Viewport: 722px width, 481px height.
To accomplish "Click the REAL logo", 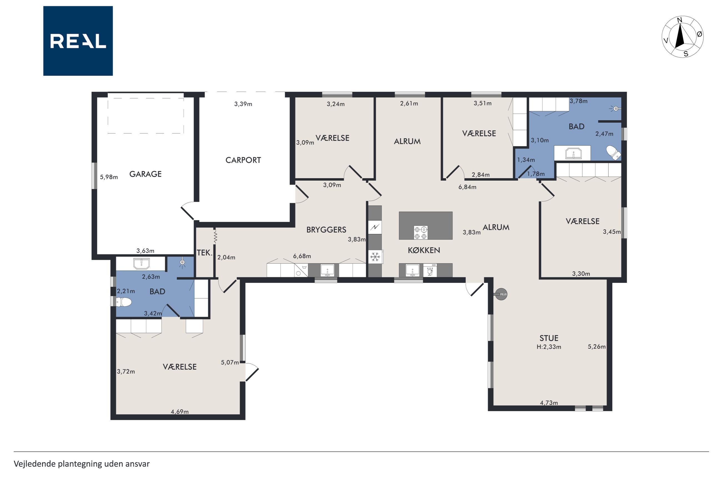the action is point(78,41).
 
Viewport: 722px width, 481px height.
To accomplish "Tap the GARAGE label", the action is point(146,174).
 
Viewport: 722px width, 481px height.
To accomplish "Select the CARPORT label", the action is point(243,160).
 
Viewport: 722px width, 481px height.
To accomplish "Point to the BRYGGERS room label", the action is point(326,230).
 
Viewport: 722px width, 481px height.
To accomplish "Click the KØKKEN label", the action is point(424,250).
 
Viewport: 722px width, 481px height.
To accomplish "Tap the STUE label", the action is point(549,338).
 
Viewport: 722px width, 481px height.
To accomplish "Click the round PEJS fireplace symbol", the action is point(501,294).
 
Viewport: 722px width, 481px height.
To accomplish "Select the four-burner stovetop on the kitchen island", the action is point(420,233).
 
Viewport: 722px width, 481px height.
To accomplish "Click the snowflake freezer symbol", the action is point(375,257).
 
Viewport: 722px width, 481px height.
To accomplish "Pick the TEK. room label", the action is point(205,253).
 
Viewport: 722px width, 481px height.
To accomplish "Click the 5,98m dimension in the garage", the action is point(109,177).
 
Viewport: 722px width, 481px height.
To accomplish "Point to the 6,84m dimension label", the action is point(467,187).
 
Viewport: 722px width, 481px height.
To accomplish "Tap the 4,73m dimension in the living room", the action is point(549,403).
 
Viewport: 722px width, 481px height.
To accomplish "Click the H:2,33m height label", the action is point(549,347).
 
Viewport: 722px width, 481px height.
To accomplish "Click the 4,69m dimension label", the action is point(180,412).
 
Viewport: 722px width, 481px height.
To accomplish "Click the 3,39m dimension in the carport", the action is point(243,104).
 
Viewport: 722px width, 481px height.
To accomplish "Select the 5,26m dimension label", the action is point(597,347).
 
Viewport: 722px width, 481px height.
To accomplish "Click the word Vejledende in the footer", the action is point(35,464).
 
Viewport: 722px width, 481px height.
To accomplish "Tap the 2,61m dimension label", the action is point(409,103).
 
